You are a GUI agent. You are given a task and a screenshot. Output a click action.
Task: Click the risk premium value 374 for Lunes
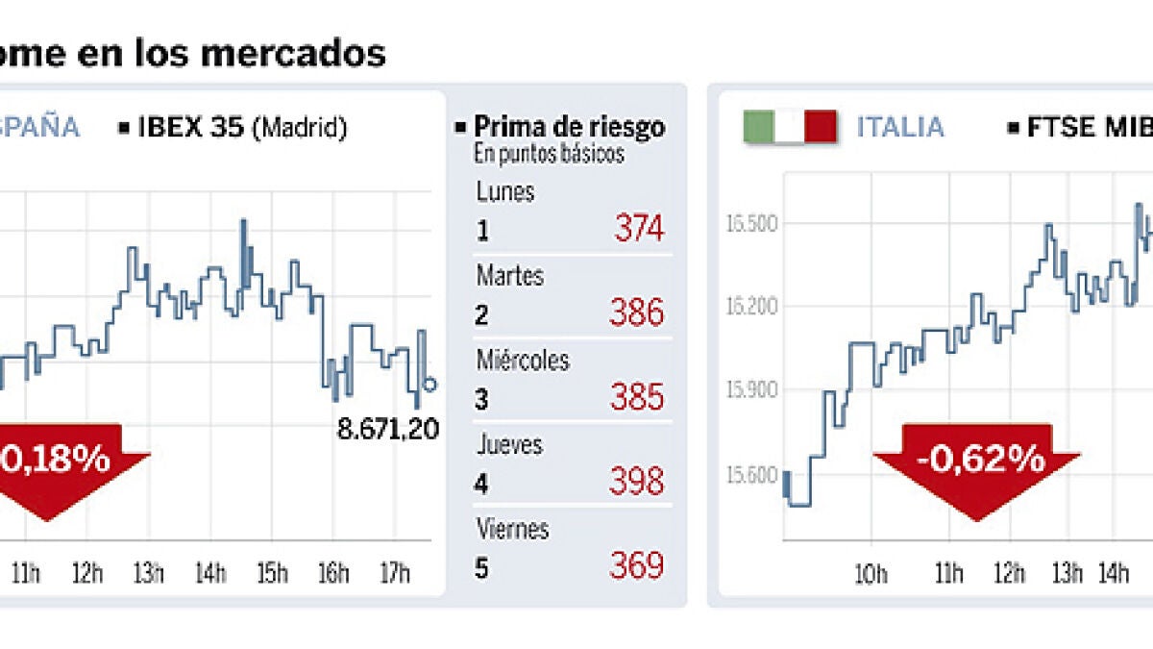639,230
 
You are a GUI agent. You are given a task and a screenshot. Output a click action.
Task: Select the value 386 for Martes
639,313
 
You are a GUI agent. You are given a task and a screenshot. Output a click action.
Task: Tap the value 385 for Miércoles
639,397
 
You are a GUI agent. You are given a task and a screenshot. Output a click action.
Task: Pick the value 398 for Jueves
639,481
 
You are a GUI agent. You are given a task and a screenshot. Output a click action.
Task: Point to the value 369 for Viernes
639,565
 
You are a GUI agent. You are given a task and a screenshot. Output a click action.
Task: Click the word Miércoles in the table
523,361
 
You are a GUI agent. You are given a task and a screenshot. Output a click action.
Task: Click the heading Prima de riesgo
569,127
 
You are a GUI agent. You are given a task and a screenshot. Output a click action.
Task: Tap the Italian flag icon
789,127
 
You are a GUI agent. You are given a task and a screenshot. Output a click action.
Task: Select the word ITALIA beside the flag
900,127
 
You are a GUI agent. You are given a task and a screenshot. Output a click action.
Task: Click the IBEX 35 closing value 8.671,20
388,429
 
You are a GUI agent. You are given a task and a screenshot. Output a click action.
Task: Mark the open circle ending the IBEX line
429,385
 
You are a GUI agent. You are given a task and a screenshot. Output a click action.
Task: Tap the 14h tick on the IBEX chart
210,575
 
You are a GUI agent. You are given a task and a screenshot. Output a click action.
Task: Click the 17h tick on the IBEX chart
395,575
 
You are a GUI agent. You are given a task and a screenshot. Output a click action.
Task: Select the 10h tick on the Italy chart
871,575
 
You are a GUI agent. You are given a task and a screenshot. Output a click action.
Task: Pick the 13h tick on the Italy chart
1067,575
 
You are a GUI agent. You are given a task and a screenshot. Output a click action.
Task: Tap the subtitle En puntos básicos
549,154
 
